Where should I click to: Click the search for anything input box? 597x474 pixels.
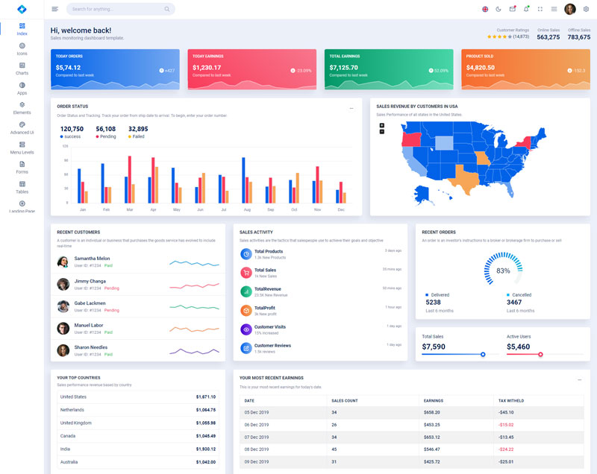[119, 9]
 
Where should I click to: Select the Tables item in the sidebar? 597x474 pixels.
[22, 187]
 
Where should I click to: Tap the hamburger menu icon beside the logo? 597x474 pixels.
[55, 9]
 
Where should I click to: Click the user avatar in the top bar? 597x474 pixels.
[570, 9]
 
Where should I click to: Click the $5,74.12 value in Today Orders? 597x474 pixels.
[68, 67]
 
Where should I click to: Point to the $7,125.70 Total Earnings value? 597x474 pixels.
[344, 67]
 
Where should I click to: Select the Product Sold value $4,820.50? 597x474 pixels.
[481, 67]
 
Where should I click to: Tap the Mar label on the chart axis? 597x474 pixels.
[129, 210]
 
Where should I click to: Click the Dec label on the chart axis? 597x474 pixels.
[341, 210]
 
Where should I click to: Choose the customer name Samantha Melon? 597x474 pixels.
[92, 259]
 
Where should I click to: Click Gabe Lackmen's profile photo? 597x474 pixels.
[63, 306]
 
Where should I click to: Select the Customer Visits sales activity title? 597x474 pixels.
[269, 327]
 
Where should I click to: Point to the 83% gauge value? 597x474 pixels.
[503, 271]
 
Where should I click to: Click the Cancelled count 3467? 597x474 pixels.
[514, 303]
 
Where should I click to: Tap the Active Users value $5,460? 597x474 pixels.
[518, 347]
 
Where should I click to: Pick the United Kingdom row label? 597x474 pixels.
[77, 423]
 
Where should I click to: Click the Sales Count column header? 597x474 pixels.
[345, 401]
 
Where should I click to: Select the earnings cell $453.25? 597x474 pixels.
[431, 425]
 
